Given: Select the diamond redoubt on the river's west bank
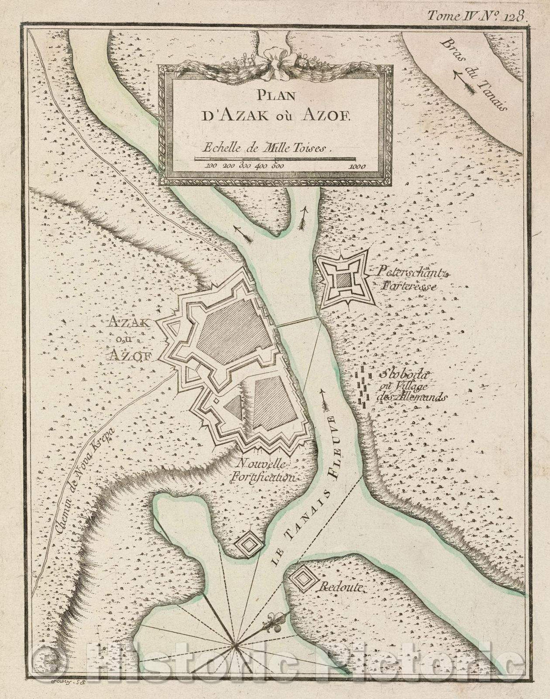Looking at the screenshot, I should click(x=249, y=545).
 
